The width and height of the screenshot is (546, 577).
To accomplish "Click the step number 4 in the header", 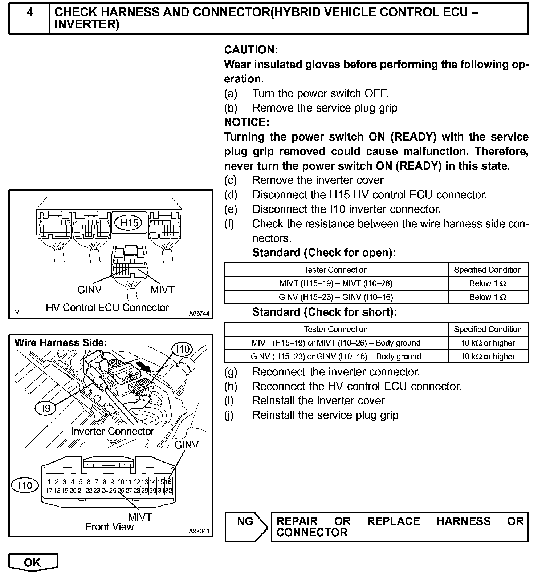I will [x=30, y=12].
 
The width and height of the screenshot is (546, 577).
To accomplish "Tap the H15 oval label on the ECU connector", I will [x=129, y=222].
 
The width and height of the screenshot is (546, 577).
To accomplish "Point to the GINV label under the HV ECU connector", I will [x=89, y=290].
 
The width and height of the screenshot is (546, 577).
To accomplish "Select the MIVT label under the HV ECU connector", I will [x=162, y=290].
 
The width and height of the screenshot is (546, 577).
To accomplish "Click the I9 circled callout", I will [x=46, y=409].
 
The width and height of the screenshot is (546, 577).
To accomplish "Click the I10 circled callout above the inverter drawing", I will [x=183, y=350].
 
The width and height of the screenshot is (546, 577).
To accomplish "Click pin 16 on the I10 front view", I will [x=168, y=482].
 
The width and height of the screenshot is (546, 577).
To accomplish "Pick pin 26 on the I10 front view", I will [x=121, y=491].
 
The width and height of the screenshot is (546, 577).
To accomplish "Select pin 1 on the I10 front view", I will [x=49, y=482].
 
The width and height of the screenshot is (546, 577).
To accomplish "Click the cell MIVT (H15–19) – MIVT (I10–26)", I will [x=336, y=283].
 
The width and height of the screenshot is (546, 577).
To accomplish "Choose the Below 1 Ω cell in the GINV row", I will [x=488, y=297].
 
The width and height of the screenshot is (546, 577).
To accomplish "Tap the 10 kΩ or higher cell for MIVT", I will [x=488, y=343].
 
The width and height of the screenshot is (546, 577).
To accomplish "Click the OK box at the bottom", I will [x=33, y=562].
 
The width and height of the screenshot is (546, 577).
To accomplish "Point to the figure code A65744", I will [x=199, y=313].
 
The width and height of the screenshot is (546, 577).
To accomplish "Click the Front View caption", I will [x=110, y=526].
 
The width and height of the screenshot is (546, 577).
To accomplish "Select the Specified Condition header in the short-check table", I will [x=488, y=329].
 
